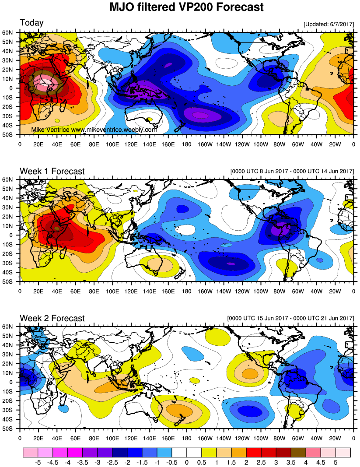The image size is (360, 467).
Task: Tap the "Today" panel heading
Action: [x=31, y=23]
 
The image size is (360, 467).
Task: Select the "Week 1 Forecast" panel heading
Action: [x=52, y=171]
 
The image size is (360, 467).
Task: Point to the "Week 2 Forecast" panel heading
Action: [x=52, y=318]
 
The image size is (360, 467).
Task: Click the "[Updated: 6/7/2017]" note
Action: [x=328, y=25]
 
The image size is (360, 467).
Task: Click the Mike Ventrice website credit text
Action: [x=94, y=130]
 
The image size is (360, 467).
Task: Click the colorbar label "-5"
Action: [x=38, y=462]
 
